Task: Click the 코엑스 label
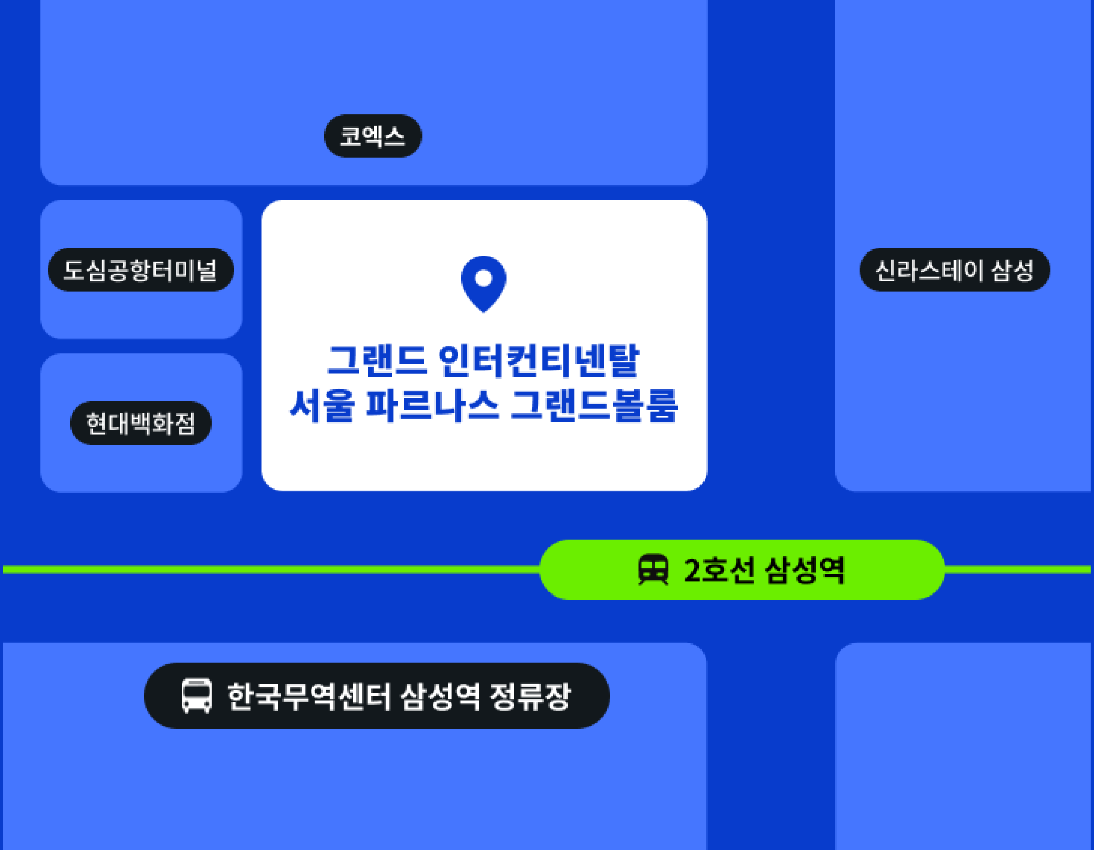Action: click(x=373, y=136)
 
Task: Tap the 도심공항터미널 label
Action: click(x=140, y=270)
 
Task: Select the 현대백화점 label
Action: click(x=140, y=423)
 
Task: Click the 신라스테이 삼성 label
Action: click(x=954, y=270)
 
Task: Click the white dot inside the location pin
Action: click(x=483, y=278)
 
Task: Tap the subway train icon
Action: click(x=653, y=570)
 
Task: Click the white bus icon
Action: click(x=196, y=696)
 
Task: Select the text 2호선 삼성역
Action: click(x=764, y=570)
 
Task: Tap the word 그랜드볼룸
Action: click(x=594, y=405)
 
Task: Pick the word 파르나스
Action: click(x=433, y=405)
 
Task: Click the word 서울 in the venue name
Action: click(x=322, y=405)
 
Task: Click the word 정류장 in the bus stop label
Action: click(x=530, y=697)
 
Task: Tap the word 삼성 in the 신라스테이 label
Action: click(x=1012, y=270)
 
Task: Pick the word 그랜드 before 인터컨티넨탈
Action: click(x=377, y=361)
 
